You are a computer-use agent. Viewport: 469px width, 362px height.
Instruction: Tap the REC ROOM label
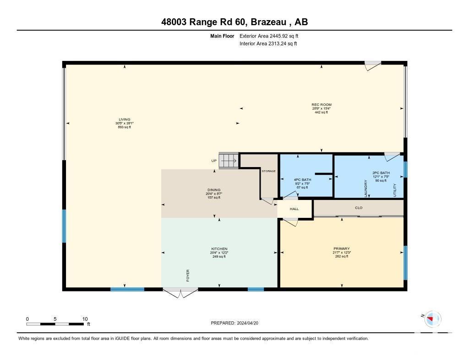click(x=321, y=105)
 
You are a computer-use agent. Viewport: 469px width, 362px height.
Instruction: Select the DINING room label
click(x=213, y=190)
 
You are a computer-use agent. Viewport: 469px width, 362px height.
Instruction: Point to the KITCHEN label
click(x=219, y=249)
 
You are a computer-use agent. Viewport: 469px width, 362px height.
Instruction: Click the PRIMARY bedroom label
click(x=342, y=249)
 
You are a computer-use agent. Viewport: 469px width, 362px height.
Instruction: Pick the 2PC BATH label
click(x=381, y=173)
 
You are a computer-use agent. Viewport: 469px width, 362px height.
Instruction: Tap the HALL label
click(x=294, y=209)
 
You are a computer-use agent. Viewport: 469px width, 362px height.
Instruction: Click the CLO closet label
click(x=359, y=208)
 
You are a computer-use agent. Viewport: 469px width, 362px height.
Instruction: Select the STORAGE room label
click(x=268, y=171)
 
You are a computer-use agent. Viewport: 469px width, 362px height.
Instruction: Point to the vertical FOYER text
click(x=188, y=275)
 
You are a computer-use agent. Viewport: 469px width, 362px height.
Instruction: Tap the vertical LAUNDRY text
click(x=366, y=188)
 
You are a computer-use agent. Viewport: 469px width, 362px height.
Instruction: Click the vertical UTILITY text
click(x=394, y=189)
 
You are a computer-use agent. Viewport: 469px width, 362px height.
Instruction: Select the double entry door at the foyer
click(x=180, y=292)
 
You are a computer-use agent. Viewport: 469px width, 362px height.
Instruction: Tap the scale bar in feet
click(x=56, y=324)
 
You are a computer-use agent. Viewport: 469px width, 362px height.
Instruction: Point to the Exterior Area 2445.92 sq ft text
click(x=269, y=36)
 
